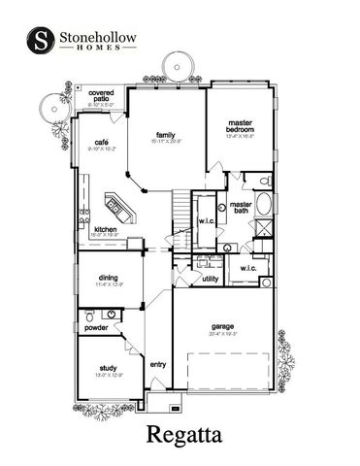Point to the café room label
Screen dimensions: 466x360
click(x=101, y=142)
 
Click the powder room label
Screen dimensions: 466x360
click(x=96, y=327)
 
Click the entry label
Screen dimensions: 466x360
click(x=158, y=364)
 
